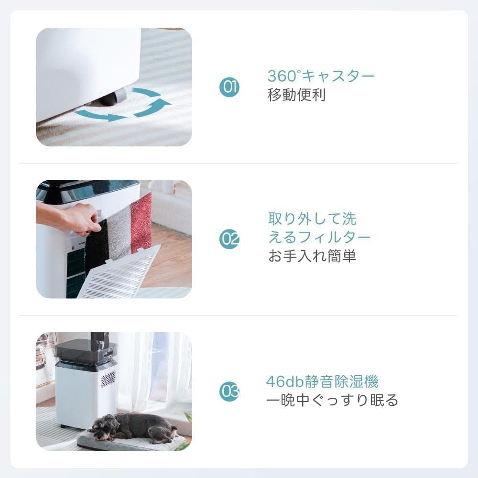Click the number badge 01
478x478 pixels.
229,87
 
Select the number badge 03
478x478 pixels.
229,391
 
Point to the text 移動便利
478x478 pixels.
296,95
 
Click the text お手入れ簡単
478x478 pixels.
312,256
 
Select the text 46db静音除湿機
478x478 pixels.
322,381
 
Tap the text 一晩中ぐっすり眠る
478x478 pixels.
332,400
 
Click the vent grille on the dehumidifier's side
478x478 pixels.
109,378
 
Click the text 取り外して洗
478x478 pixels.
312,219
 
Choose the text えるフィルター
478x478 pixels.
319,238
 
